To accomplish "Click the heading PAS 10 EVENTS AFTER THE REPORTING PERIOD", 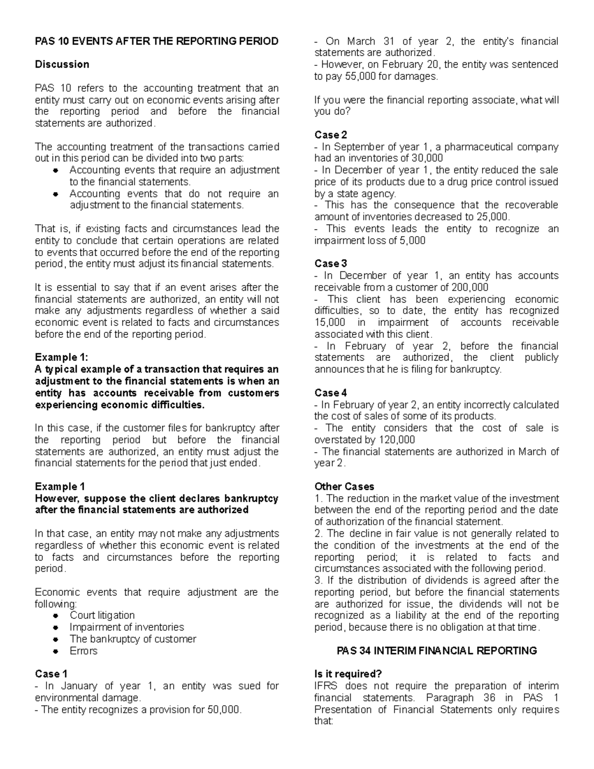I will (x=156, y=41).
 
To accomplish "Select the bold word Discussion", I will (x=62, y=64).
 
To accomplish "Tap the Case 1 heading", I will (x=51, y=674).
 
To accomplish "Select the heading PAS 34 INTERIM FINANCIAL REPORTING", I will (x=437, y=651).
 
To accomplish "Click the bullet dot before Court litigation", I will (x=57, y=615).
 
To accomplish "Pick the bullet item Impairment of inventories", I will (x=127, y=627).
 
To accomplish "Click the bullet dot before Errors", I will (x=57, y=651).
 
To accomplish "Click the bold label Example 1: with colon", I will (x=57, y=358).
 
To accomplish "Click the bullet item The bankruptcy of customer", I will (x=133, y=639).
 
